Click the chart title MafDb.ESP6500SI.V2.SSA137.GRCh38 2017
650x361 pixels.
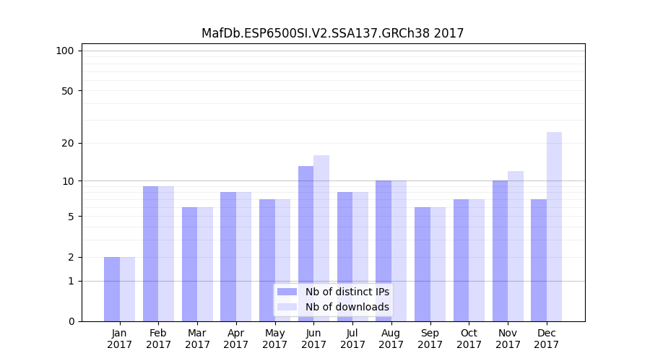pos(332,33)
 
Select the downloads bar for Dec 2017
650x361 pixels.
pos(554,227)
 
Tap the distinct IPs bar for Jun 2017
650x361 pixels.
pos(305,243)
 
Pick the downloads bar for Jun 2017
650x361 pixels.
pos(321,238)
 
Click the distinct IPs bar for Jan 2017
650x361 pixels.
pos(112,289)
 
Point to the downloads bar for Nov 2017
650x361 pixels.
pos(516,246)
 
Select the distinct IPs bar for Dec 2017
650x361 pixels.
pos(539,260)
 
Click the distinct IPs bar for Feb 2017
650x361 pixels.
pos(150,253)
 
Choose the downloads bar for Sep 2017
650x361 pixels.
pos(438,264)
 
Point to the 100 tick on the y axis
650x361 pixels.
pos(65,51)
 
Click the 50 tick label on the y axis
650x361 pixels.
pos(67,91)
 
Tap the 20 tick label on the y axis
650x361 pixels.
pos(67,143)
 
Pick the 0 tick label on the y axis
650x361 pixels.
pos(71,321)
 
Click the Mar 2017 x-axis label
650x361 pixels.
pos(197,339)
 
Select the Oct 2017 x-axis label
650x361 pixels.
pos(469,339)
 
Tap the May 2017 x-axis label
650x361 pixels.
pos(274,339)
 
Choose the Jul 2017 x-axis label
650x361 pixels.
pos(352,339)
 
